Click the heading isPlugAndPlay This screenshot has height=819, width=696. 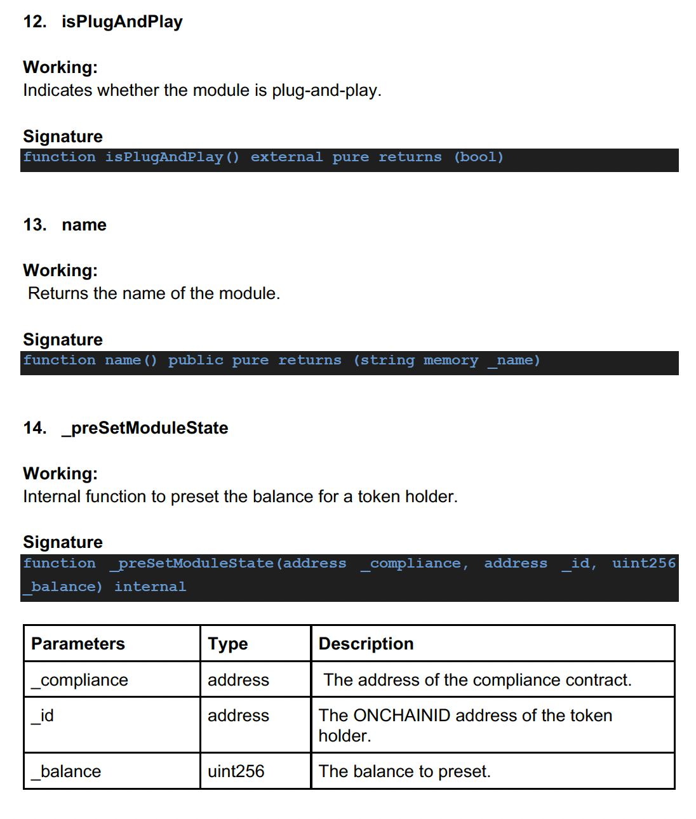click(122, 22)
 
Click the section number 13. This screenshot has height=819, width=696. click(34, 225)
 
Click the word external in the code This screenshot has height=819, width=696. click(286, 157)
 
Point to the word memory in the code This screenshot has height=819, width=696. click(451, 360)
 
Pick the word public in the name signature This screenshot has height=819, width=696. click(196, 360)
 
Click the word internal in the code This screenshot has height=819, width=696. click(150, 587)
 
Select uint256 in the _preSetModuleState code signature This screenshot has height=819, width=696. click(643, 563)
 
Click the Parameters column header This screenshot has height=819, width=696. click(78, 644)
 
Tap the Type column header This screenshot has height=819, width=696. click(227, 644)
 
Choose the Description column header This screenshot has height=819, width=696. click(366, 644)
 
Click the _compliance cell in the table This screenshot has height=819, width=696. click(80, 680)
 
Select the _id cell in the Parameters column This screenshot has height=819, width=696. click(43, 716)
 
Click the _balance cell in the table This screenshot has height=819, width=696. click(67, 771)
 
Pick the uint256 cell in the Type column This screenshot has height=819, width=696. click(236, 771)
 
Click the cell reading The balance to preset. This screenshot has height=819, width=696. click(405, 771)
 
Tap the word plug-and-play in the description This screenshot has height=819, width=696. click(326, 90)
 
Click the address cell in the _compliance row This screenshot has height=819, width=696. click(238, 680)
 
